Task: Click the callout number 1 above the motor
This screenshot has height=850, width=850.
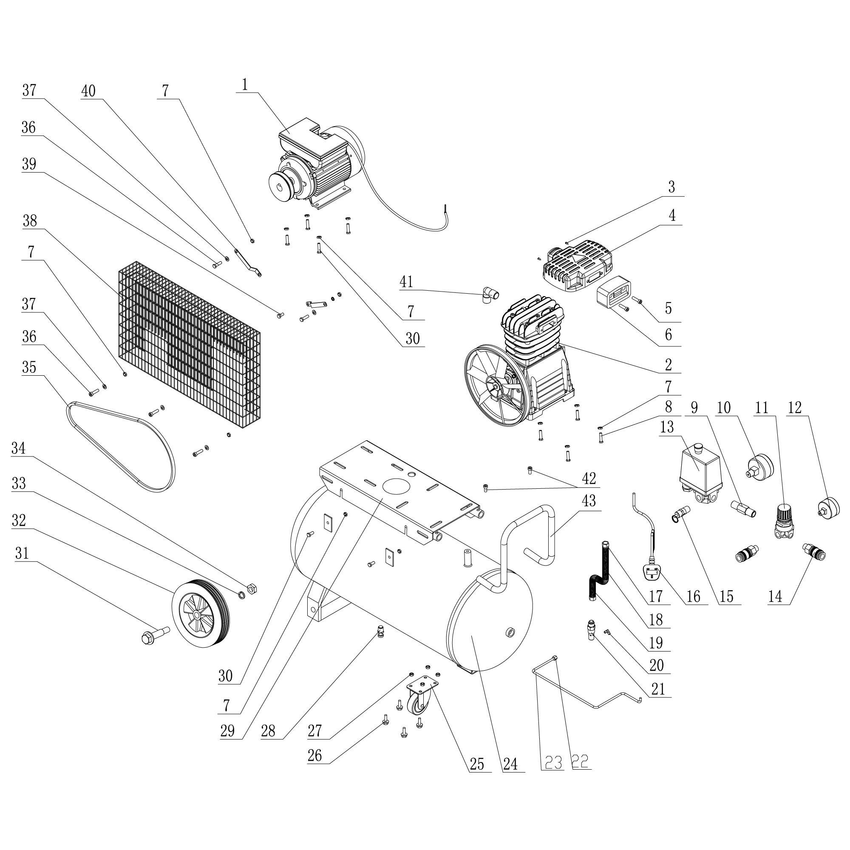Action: coord(245,85)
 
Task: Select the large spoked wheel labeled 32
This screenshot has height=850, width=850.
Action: coord(200,613)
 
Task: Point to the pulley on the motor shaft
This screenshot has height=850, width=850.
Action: coord(282,186)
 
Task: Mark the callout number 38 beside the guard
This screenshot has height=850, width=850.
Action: coord(30,221)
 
